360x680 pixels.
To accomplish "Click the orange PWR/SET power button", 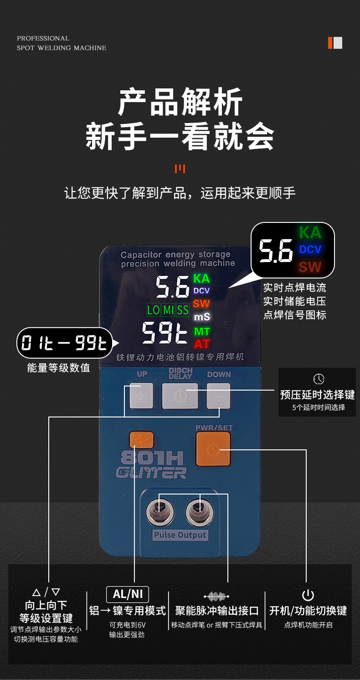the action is (x=213, y=448).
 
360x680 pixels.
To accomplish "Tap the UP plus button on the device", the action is (x=142, y=395).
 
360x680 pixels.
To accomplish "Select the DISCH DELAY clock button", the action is (x=180, y=396).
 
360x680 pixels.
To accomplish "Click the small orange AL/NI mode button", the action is (x=141, y=440).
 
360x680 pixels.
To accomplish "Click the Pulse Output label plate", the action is (x=180, y=535).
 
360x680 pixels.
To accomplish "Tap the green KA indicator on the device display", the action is (x=201, y=278).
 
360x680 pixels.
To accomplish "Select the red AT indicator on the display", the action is (x=202, y=344).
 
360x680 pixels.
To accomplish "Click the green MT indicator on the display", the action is (x=202, y=331).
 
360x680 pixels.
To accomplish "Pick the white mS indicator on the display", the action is (x=202, y=317).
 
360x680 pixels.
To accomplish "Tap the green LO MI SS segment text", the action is (x=168, y=310).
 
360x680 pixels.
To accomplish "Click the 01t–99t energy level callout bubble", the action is (x=65, y=343).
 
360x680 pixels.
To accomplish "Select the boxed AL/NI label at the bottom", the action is (x=128, y=594).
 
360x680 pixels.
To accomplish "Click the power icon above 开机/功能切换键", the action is (x=308, y=595).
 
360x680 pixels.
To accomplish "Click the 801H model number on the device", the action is (x=152, y=458).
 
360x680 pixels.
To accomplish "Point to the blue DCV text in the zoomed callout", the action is (x=310, y=249).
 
